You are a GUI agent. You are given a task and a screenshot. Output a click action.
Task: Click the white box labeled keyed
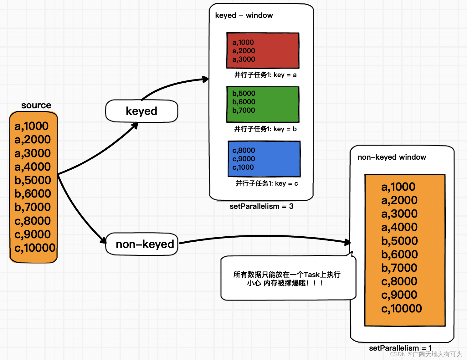[x=141, y=111]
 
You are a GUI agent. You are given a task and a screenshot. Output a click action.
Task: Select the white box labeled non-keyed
[x=142, y=244]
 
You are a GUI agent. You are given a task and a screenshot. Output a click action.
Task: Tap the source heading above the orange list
[x=36, y=105]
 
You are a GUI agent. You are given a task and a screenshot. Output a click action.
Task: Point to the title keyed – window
[x=244, y=15]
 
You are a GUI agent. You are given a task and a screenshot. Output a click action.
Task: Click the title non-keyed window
[x=392, y=157]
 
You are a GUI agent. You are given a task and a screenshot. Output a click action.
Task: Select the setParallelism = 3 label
[x=261, y=206]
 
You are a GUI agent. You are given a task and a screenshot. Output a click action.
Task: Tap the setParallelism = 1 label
[x=400, y=348]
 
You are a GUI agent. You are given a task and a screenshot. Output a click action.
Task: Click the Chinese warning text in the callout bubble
[x=287, y=279]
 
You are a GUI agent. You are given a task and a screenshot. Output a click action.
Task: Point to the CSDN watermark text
[x=426, y=354]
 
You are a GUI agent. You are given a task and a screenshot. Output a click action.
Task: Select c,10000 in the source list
[x=35, y=248]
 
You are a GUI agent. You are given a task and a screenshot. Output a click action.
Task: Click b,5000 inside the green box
[x=244, y=93]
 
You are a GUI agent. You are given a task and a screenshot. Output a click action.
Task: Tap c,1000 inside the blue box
[x=243, y=167]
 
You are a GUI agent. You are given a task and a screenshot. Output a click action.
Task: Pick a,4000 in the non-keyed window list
[x=399, y=227]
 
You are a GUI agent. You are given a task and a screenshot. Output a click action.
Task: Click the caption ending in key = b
[x=265, y=129]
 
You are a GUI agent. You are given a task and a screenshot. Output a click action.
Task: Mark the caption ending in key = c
[x=267, y=183]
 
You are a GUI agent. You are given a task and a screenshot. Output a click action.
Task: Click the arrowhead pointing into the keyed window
[x=206, y=79]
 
